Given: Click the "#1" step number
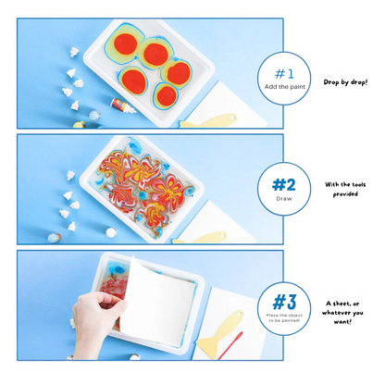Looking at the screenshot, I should point(285,73).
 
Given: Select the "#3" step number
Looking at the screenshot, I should point(284,301).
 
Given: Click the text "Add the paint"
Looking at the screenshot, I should point(285,86).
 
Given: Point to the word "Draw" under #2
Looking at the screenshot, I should point(284,198).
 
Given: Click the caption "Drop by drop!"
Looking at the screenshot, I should point(345,81).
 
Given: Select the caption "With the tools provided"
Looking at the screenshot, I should point(345,189).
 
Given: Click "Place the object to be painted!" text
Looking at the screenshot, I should point(284,318).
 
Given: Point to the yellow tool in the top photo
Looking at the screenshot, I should point(208,119).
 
